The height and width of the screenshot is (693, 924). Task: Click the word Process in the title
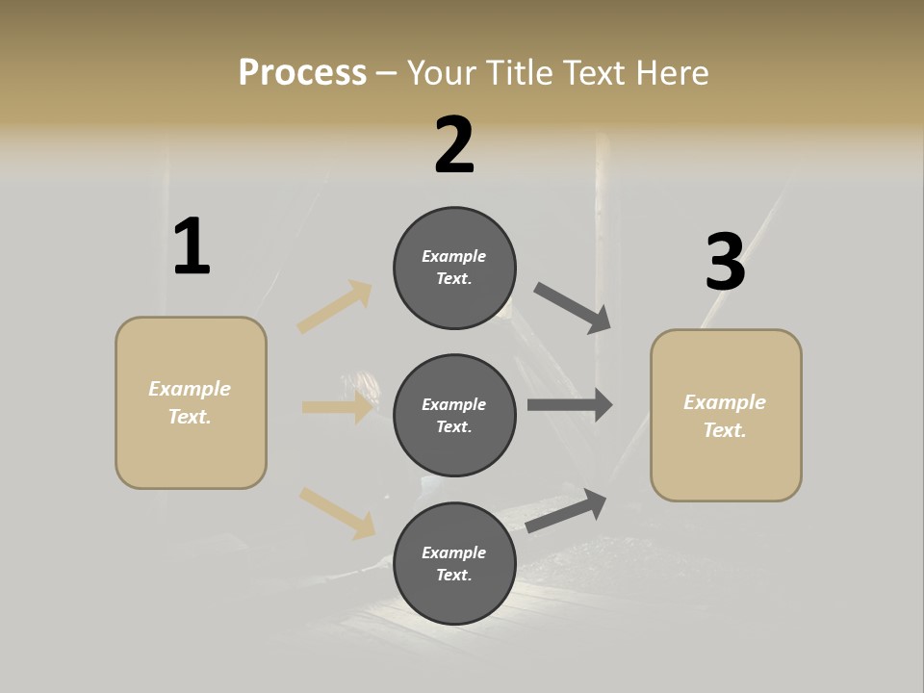[302, 73]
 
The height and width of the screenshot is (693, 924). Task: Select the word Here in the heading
[670, 73]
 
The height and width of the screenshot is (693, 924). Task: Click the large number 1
[192, 247]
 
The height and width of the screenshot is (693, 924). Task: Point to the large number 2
[454, 145]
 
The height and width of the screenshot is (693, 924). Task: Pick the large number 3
[725, 263]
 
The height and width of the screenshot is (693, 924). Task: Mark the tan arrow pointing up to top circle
[335, 307]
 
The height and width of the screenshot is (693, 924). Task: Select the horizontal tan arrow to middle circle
[337, 407]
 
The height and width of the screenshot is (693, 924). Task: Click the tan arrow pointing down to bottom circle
[337, 512]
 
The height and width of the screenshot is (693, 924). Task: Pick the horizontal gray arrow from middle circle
[570, 405]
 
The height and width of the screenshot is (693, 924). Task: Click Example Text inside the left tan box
[190, 402]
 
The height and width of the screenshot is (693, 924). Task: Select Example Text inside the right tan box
[725, 416]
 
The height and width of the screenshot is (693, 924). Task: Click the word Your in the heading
[444, 73]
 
